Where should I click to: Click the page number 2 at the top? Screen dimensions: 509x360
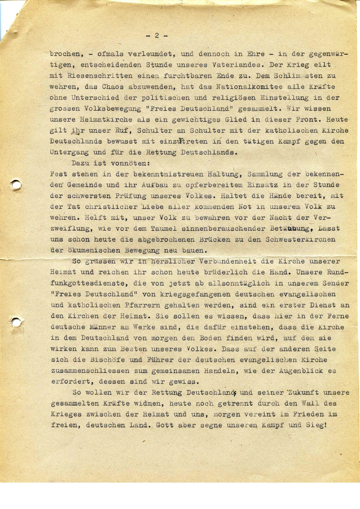click(x=157, y=36)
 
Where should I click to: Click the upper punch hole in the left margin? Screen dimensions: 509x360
click(x=16, y=184)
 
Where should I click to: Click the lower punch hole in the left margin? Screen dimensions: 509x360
click(x=16, y=322)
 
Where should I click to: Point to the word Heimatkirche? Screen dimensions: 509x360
click(x=102, y=120)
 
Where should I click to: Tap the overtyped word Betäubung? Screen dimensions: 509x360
click(x=290, y=228)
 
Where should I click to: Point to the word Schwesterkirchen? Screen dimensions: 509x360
click(x=301, y=239)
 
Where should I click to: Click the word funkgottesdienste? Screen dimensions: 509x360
click(x=88, y=283)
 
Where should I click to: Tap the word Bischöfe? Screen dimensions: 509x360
click(x=106, y=360)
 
